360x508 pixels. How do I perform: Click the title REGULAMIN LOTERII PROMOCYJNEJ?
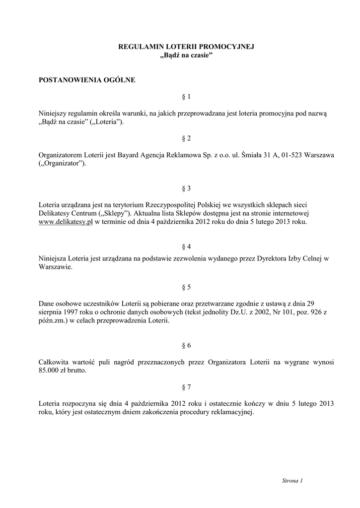tap(186, 47)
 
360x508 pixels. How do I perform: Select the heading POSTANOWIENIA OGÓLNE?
tap(87, 79)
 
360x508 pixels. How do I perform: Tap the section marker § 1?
tap(186, 97)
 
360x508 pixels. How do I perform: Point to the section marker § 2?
tap(186, 138)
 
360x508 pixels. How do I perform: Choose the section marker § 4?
tap(186, 246)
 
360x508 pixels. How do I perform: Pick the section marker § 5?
tap(186, 287)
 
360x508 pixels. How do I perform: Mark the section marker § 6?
tap(186, 345)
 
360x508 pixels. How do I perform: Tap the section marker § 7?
tap(186, 386)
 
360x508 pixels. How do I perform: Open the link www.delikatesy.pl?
tap(66, 222)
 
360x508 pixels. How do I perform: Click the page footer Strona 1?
tap(292, 481)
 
